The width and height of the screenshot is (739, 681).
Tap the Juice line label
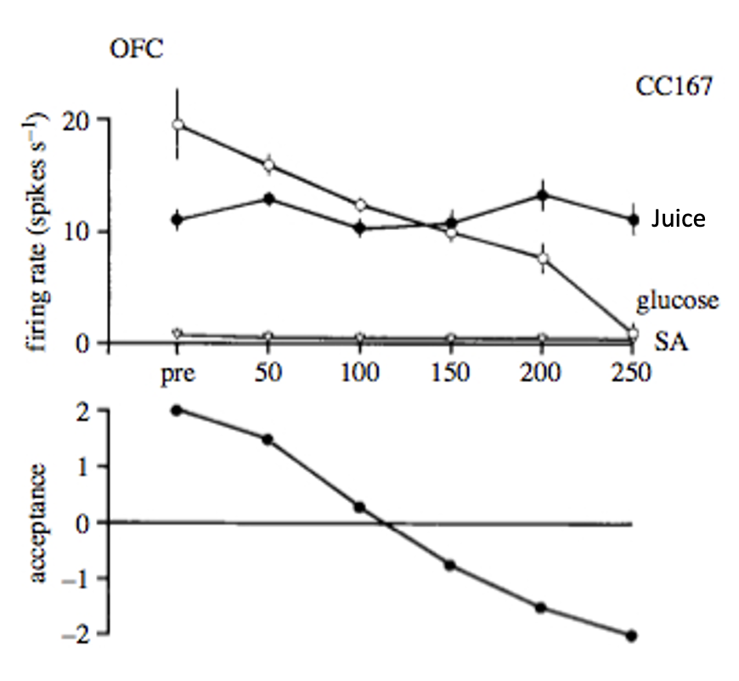point(678,219)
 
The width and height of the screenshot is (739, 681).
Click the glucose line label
point(677,300)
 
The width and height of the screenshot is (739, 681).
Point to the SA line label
point(671,342)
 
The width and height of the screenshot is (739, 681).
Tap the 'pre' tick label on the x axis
point(178,374)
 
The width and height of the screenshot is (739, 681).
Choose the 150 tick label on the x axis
point(451,374)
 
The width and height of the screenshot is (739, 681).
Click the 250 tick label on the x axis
point(631,374)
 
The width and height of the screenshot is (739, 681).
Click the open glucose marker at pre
point(178,124)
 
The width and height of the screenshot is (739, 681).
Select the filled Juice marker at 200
point(542,195)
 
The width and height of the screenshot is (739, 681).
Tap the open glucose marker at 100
point(360,205)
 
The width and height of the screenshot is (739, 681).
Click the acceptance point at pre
point(178,410)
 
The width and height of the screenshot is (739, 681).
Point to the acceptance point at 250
point(632,635)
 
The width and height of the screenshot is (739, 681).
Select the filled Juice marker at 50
point(269,199)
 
